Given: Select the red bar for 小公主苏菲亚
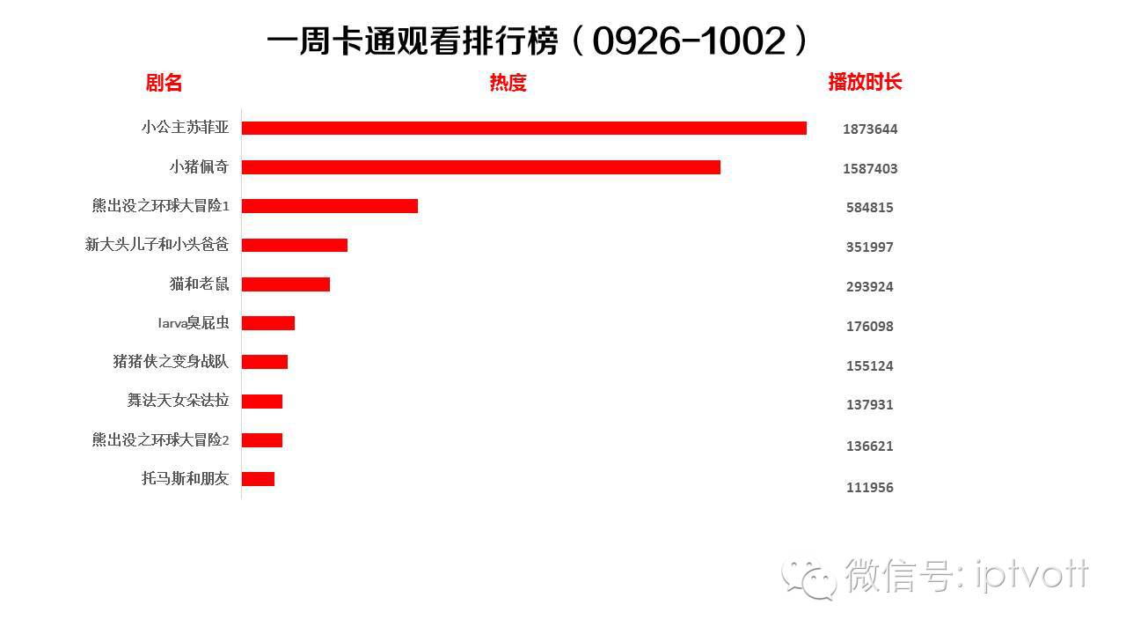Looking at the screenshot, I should pyautogui.click(x=523, y=129).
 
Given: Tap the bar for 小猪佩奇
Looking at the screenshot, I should pyautogui.click(x=480, y=167).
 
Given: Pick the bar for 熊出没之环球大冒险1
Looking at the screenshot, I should pyautogui.click(x=329, y=206).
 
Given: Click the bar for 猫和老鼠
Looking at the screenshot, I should pyautogui.click(x=285, y=284).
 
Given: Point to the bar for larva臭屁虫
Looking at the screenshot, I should pyautogui.click(x=267, y=323).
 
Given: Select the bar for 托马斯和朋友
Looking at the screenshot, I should pyautogui.click(x=258, y=479).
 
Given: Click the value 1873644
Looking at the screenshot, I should pyautogui.click(x=869, y=129).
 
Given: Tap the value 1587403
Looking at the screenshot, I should pyautogui.click(x=869, y=169).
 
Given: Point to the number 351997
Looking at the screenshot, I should pyautogui.click(x=869, y=247).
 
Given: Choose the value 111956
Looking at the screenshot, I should pyautogui.click(x=869, y=488).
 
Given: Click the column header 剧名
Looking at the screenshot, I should pyautogui.click(x=164, y=84).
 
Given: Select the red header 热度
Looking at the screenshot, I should pyautogui.click(x=508, y=84).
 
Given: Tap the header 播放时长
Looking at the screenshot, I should pyautogui.click(x=865, y=83).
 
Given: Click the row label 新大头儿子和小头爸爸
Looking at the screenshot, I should pyautogui.click(x=157, y=245).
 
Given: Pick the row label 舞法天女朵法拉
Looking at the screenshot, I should pyautogui.click(x=178, y=401).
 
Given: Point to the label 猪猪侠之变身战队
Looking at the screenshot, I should pyautogui.click(x=171, y=362).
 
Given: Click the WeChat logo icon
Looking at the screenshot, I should pyautogui.click(x=810, y=578).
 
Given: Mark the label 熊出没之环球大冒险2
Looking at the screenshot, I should pyautogui.click(x=160, y=439).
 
